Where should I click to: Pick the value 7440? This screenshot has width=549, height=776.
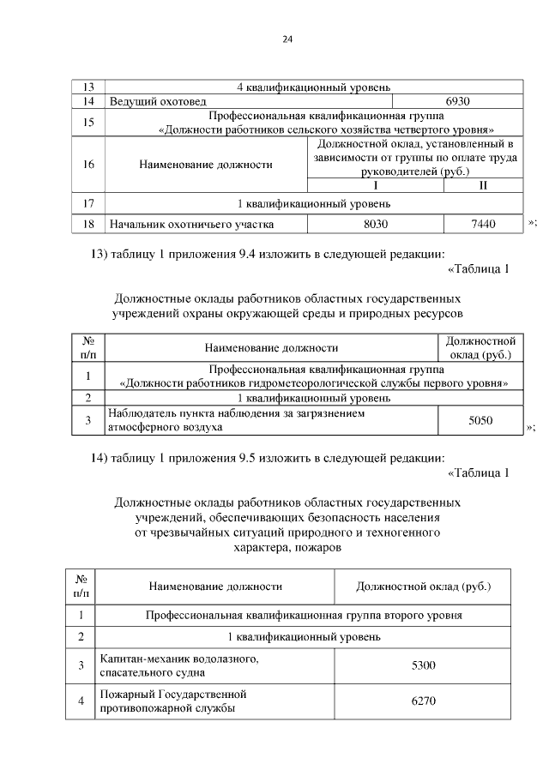click(483, 224)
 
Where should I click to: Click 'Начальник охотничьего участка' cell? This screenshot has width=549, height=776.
click(190, 224)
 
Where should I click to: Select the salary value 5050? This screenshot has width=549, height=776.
click(480, 421)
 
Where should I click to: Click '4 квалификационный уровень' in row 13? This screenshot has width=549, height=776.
click(314, 87)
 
